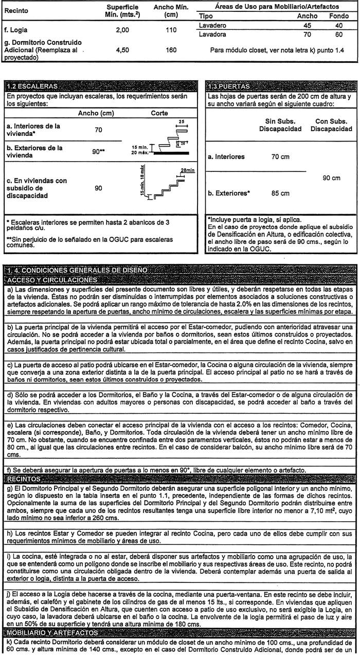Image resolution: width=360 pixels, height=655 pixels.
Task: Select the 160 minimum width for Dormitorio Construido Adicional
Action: click(x=171, y=50)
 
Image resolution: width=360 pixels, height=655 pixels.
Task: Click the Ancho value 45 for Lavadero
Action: click(x=308, y=25)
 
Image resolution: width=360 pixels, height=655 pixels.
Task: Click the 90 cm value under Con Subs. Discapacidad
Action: click(x=332, y=178)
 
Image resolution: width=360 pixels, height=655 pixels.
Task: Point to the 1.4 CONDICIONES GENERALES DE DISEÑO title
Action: click(x=77, y=271)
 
